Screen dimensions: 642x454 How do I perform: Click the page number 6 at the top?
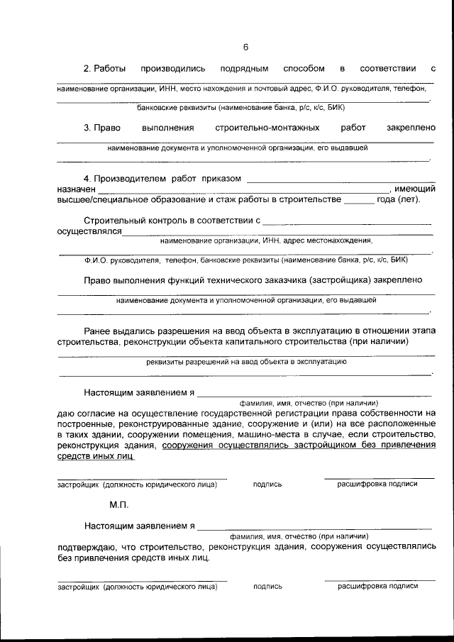[245, 47]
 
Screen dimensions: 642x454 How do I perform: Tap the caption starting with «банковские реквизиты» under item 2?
[240, 109]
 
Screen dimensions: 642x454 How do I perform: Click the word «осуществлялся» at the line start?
[89, 232]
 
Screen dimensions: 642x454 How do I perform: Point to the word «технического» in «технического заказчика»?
[258, 280]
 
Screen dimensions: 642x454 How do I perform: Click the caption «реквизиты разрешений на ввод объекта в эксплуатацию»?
[245, 361]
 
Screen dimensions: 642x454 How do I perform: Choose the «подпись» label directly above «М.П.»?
[267, 485]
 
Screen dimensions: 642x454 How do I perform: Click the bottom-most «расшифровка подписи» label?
[377, 586]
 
